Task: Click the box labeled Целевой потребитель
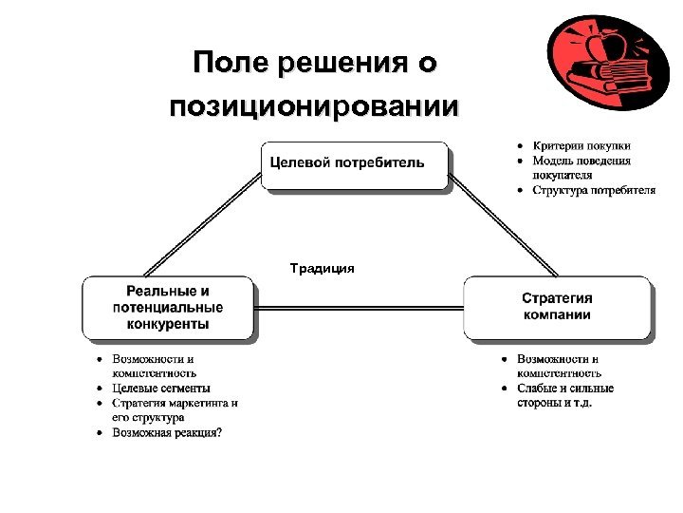355,165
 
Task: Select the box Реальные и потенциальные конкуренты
168,308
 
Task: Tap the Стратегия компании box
557,307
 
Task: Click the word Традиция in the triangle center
323,269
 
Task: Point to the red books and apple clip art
603,63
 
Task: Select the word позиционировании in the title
314,105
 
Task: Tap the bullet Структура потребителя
593,190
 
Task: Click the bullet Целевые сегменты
161,388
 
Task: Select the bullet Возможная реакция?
167,433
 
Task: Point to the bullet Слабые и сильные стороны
565,395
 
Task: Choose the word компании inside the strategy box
557,315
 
